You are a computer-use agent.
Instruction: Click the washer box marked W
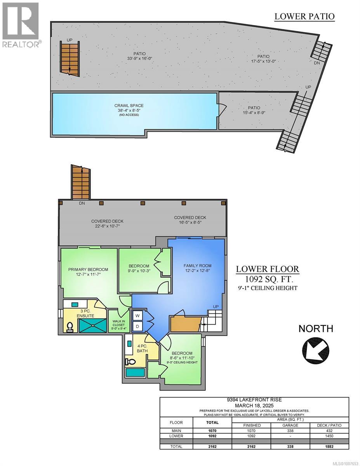[137, 315]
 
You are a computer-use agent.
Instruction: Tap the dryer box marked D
[137, 326]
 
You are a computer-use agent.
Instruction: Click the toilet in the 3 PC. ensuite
[71, 327]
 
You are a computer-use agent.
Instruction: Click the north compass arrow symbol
[315, 348]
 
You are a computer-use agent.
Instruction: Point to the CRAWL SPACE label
[123, 106]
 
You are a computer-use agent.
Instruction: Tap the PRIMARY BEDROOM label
[88, 269]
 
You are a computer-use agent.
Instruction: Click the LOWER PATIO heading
[304, 16]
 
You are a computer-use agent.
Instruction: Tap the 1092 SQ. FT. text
[268, 278]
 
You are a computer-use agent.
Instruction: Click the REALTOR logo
[20, 25]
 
